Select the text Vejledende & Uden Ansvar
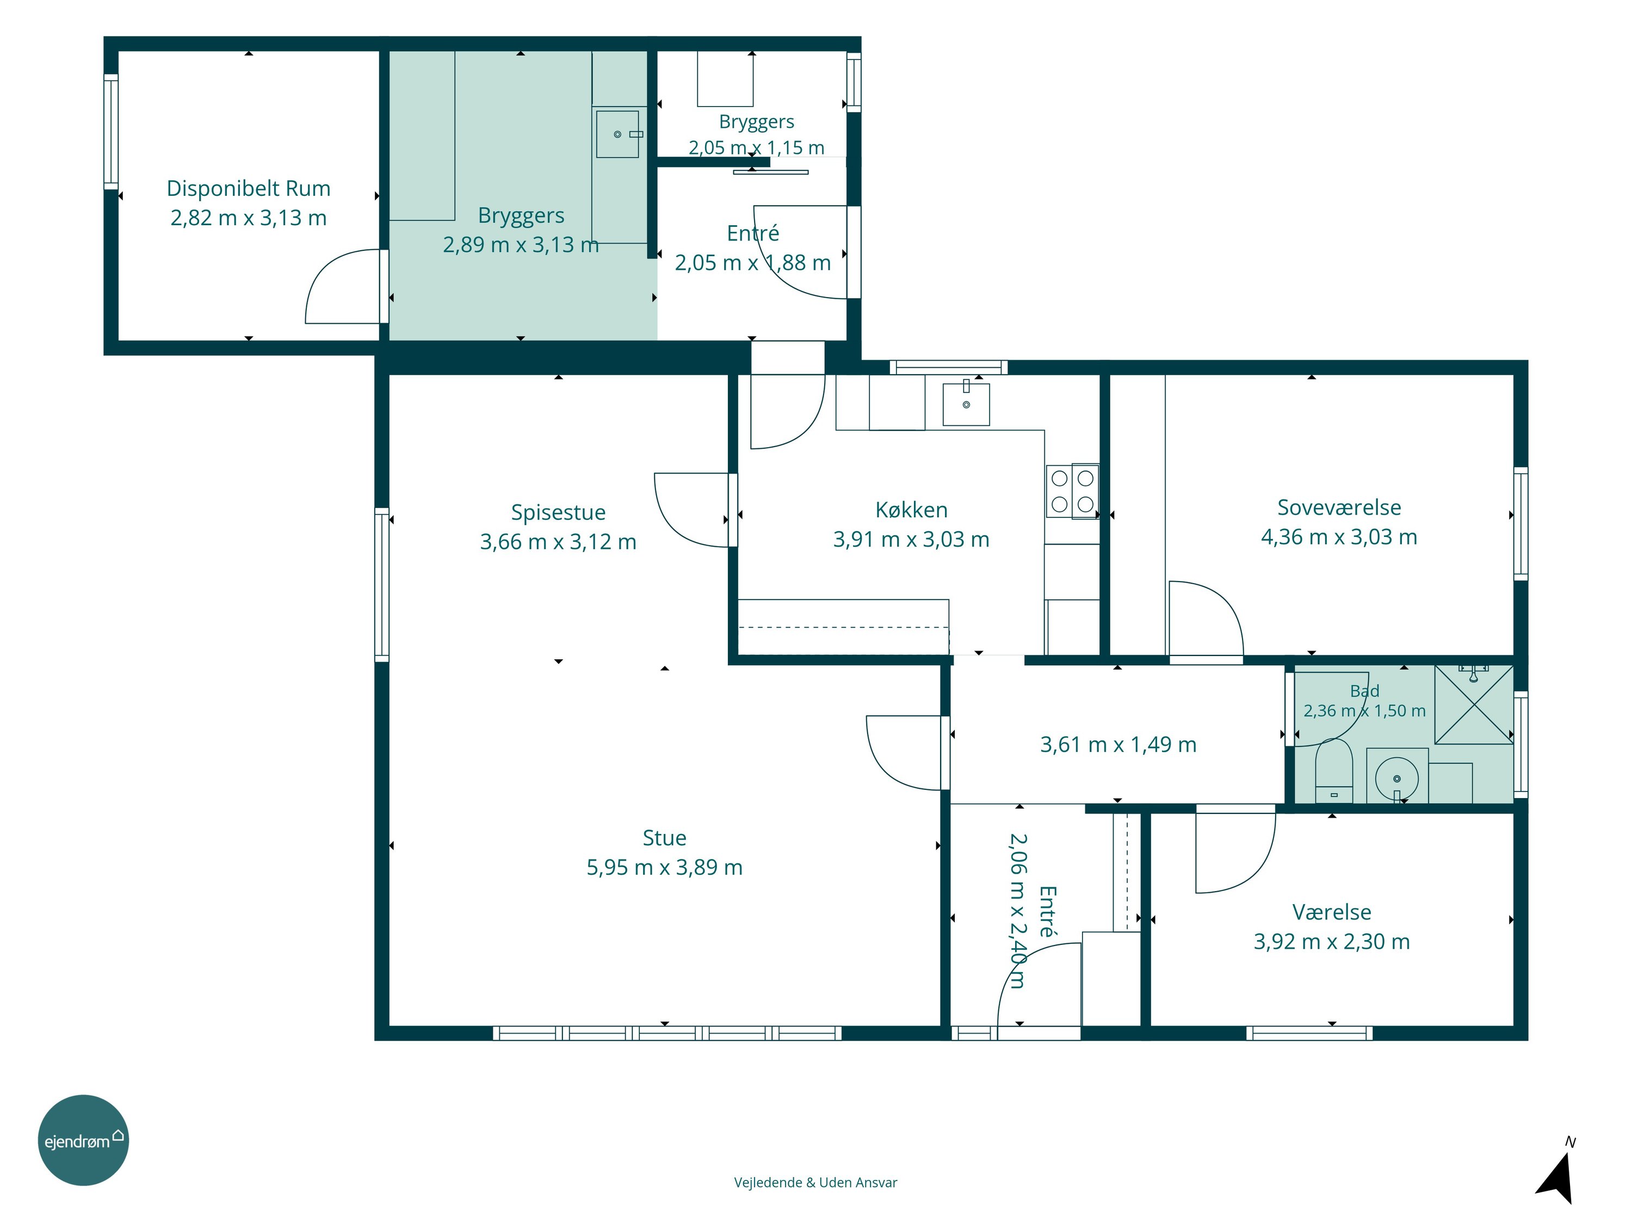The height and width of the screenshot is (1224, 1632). click(x=815, y=1183)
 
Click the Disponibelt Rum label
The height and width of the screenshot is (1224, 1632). click(x=249, y=188)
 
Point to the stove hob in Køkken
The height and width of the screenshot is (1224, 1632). click(x=1073, y=491)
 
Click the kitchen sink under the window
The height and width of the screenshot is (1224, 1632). click(x=966, y=404)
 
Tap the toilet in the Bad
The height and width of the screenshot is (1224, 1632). click(x=1334, y=770)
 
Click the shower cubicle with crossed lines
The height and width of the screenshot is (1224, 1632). click(x=1473, y=704)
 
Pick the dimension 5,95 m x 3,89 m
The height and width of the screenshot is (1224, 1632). click(x=664, y=867)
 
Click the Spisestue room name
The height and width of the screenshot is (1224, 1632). click(x=559, y=512)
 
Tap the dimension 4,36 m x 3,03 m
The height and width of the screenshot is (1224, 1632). click(x=1339, y=536)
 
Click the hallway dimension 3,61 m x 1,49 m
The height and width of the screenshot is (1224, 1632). click(x=1118, y=744)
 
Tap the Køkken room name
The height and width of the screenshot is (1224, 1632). click(x=911, y=510)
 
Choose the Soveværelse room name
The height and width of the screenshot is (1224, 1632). click(x=1339, y=508)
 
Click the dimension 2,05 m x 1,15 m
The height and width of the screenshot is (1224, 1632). click(x=756, y=147)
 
